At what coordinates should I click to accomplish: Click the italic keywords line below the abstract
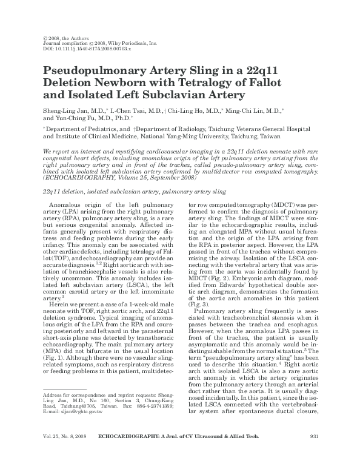tap(135, 190)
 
